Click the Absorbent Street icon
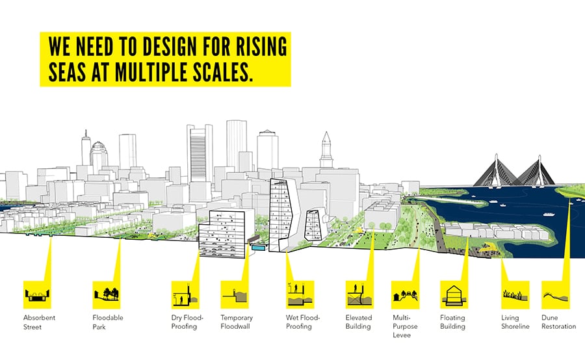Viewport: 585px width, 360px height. [x=37, y=295]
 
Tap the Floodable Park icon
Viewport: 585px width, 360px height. [x=107, y=295]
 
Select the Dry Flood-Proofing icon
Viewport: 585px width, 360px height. [x=185, y=295]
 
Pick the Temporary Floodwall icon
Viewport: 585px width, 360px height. [x=235, y=295]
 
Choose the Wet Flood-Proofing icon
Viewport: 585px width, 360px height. [x=300, y=295]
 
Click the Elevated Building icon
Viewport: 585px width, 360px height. [x=359, y=295]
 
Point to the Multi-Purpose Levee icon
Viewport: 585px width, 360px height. [x=406, y=295]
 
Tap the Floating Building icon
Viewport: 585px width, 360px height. [x=454, y=295]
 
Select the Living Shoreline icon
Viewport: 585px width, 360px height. [x=515, y=295]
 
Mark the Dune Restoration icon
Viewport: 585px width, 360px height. [x=556, y=295]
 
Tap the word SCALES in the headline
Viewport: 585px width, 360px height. [x=220, y=72]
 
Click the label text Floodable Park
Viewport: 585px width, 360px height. [x=108, y=322]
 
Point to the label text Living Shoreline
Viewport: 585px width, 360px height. [x=515, y=322]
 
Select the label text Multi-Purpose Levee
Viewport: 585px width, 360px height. [x=405, y=326]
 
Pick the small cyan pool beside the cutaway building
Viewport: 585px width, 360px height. [x=258, y=247]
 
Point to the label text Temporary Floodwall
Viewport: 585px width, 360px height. [x=237, y=322]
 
